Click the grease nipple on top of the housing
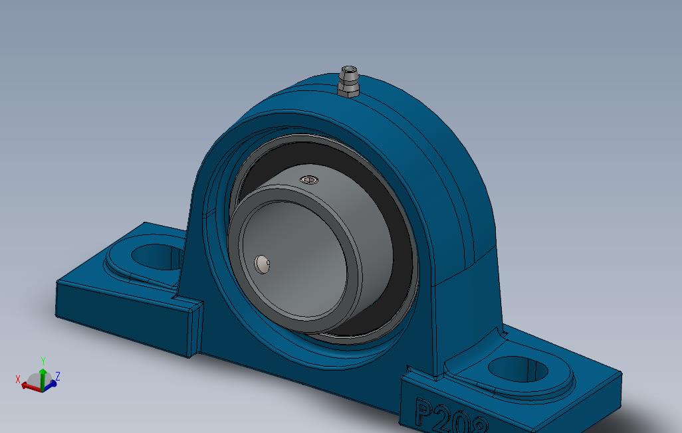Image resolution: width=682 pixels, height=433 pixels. tap(348, 81)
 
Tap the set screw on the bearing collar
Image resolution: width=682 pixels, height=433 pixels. tap(308, 180)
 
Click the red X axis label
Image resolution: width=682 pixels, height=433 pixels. tap(18, 379)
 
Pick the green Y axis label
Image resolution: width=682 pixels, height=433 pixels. tap(43, 361)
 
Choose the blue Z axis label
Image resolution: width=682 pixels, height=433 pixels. tap(58, 376)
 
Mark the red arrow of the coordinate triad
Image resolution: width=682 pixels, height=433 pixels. tap(29, 386)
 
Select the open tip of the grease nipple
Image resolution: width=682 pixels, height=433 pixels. tap(349, 68)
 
